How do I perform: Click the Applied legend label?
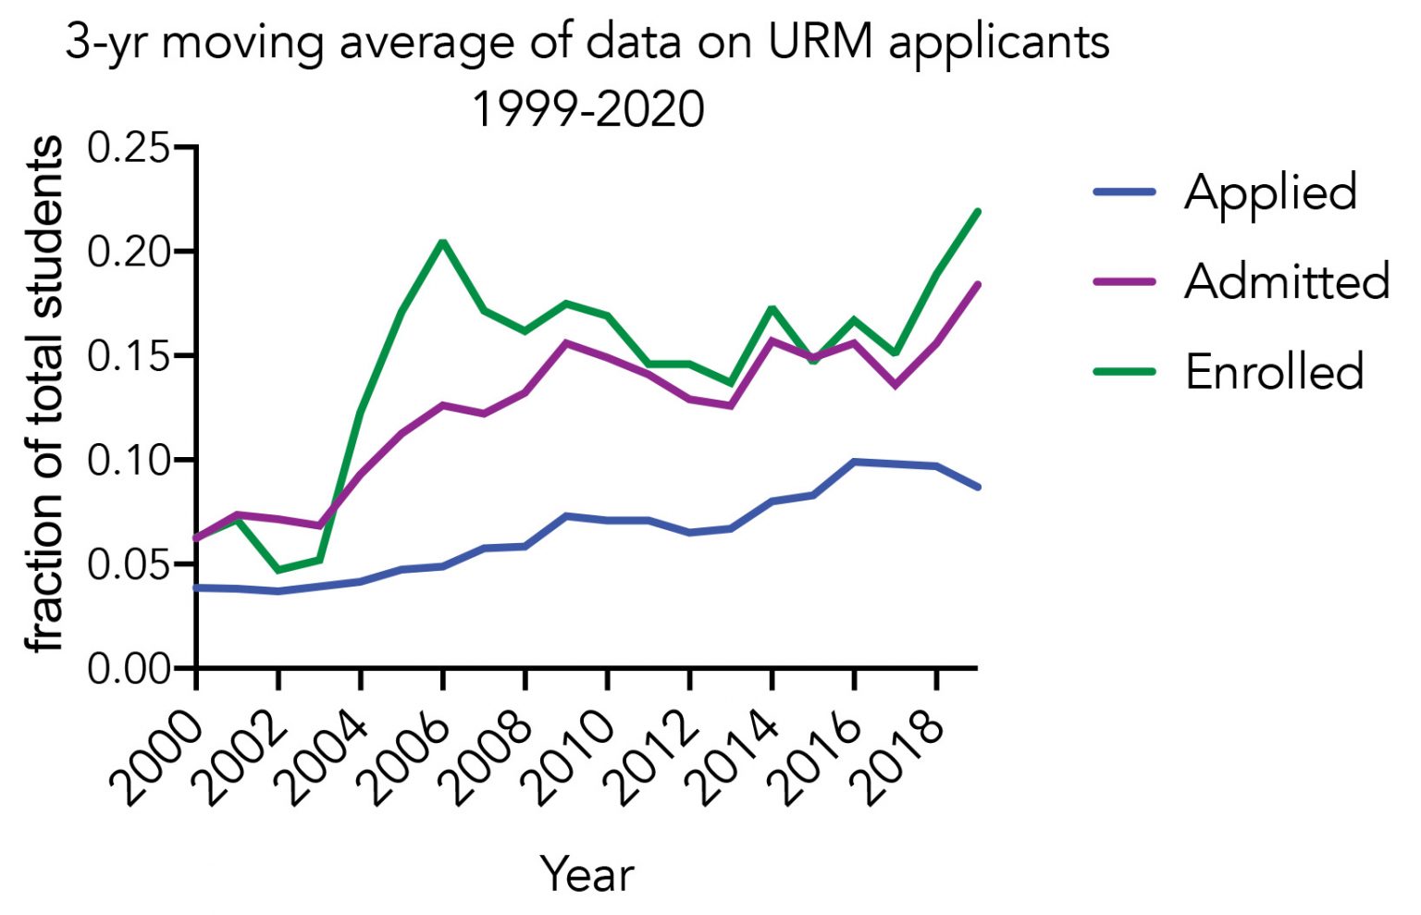tap(1270, 193)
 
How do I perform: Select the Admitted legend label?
tap(1286, 281)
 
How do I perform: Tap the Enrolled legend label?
tap(1274, 372)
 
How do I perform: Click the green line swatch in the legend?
tap(1125, 372)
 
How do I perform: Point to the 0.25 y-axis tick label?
tap(129, 148)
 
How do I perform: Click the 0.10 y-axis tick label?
tap(129, 460)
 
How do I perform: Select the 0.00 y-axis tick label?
tap(129, 668)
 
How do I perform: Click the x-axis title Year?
tap(587, 874)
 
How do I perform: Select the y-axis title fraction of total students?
tap(44, 395)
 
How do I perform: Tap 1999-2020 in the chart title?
tap(588, 109)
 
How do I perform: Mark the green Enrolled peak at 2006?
tap(443, 242)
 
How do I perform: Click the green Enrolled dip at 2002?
tap(278, 570)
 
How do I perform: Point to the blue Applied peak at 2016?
tap(855, 461)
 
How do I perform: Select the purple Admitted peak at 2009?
tap(566, 342)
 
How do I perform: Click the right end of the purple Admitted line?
tap(978, 285)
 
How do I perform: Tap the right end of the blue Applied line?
tap(978, 487)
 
